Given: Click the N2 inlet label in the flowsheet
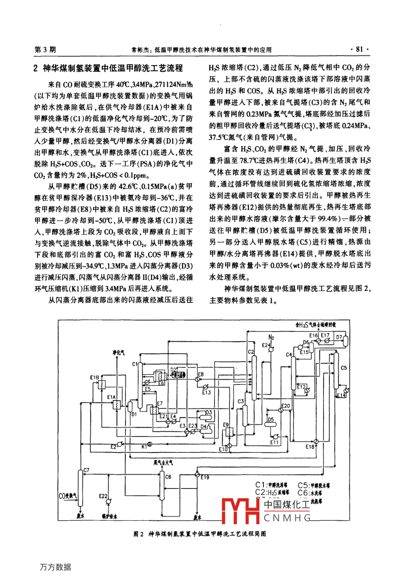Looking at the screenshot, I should click(272, 337).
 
